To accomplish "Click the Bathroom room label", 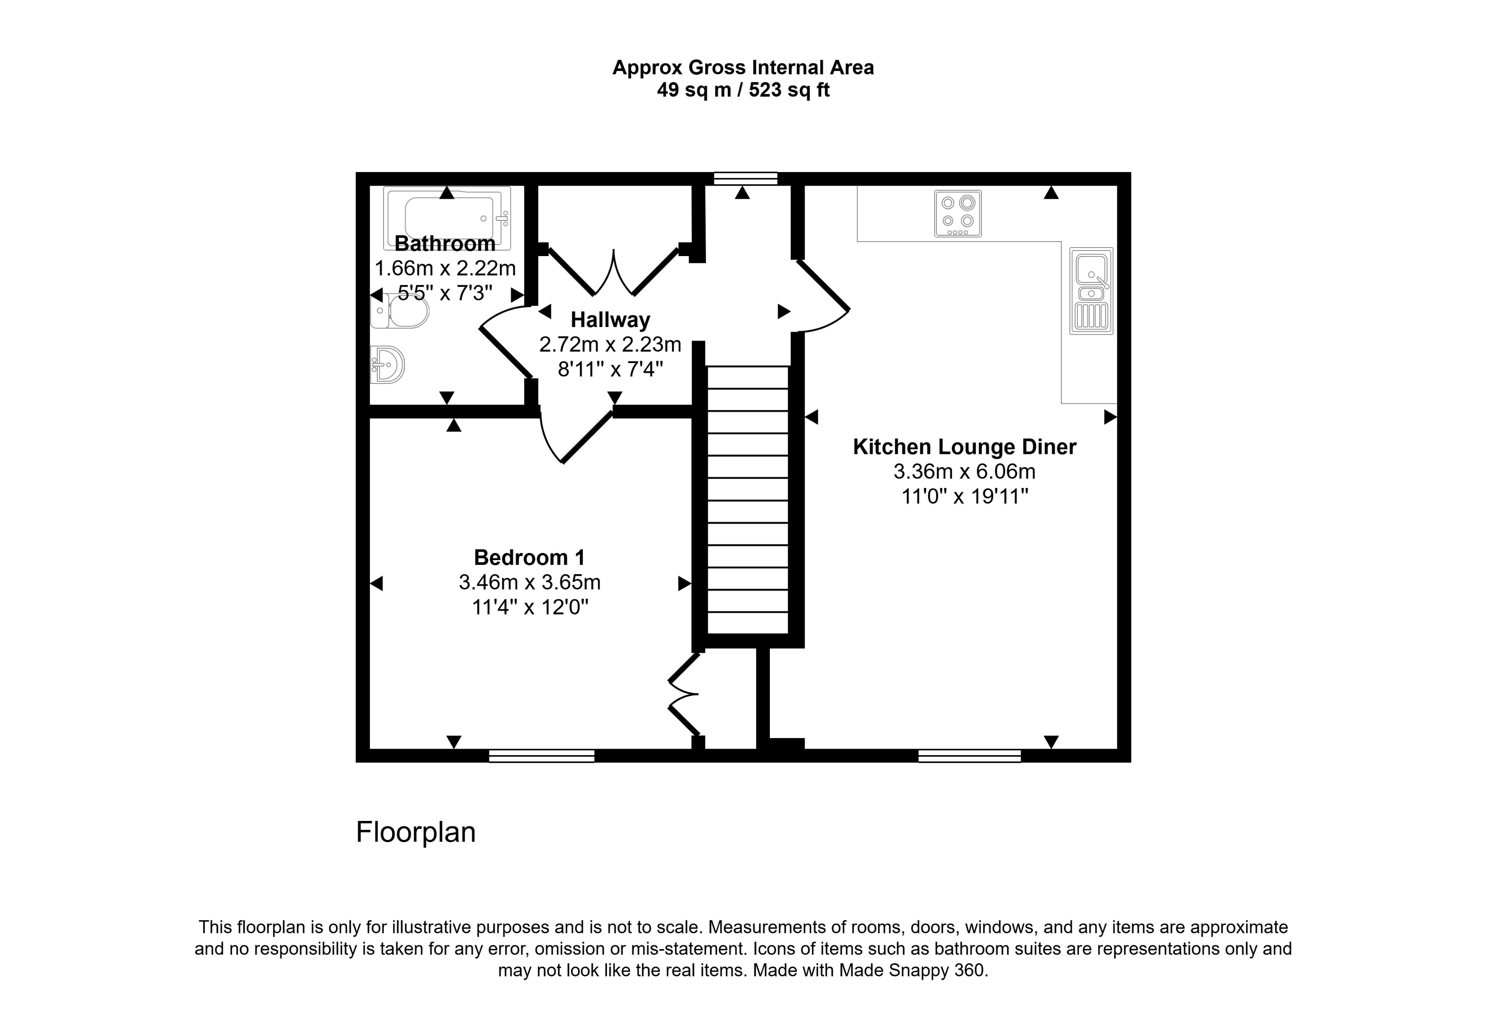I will pos(445,244).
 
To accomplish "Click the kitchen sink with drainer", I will pos(1091,291).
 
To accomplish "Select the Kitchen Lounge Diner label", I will pos(964,447).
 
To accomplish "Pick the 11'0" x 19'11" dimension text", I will pos(964,496).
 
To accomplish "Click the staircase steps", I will pos(747,499).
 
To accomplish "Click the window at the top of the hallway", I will pos(746,178).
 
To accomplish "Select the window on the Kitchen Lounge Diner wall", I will pos(970,756).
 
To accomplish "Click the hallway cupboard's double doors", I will pos(613,275).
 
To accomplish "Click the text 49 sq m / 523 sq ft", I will pos(743,90).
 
